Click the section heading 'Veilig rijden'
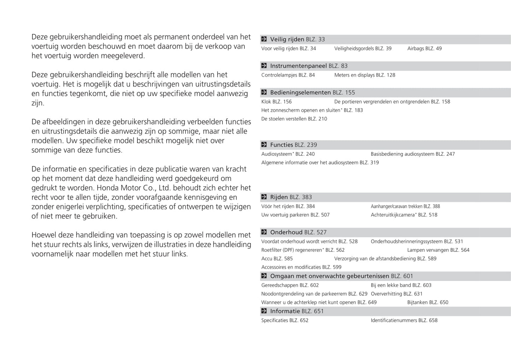(x=287, y=39)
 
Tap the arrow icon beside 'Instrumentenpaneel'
(x=264, y=66)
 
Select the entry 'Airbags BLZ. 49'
(x=424, y=48)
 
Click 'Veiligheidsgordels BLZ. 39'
(x=363, y=48)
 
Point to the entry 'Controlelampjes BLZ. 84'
(x=288, y=75)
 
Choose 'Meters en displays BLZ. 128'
(x=365, y=75)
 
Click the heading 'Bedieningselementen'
(x=300, y=92)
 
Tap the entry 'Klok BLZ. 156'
(x=277, y=101)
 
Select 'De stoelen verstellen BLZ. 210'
(x=294, y=119)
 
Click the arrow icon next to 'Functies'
(x=264, y=144)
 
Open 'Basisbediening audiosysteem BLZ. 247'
(x=413, y=154)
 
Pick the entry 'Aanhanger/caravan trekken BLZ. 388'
(x=405, y=206)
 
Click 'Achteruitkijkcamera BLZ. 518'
(x=404, y=215)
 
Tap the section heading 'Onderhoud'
(x=286, y=232)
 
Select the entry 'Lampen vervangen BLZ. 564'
(x=438, y=250)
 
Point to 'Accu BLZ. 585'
(x=277, y=259)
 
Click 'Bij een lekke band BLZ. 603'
(x=401, y=285)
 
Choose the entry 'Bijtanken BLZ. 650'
(x=428, y=302)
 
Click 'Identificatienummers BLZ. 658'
(x=404, y=320)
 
